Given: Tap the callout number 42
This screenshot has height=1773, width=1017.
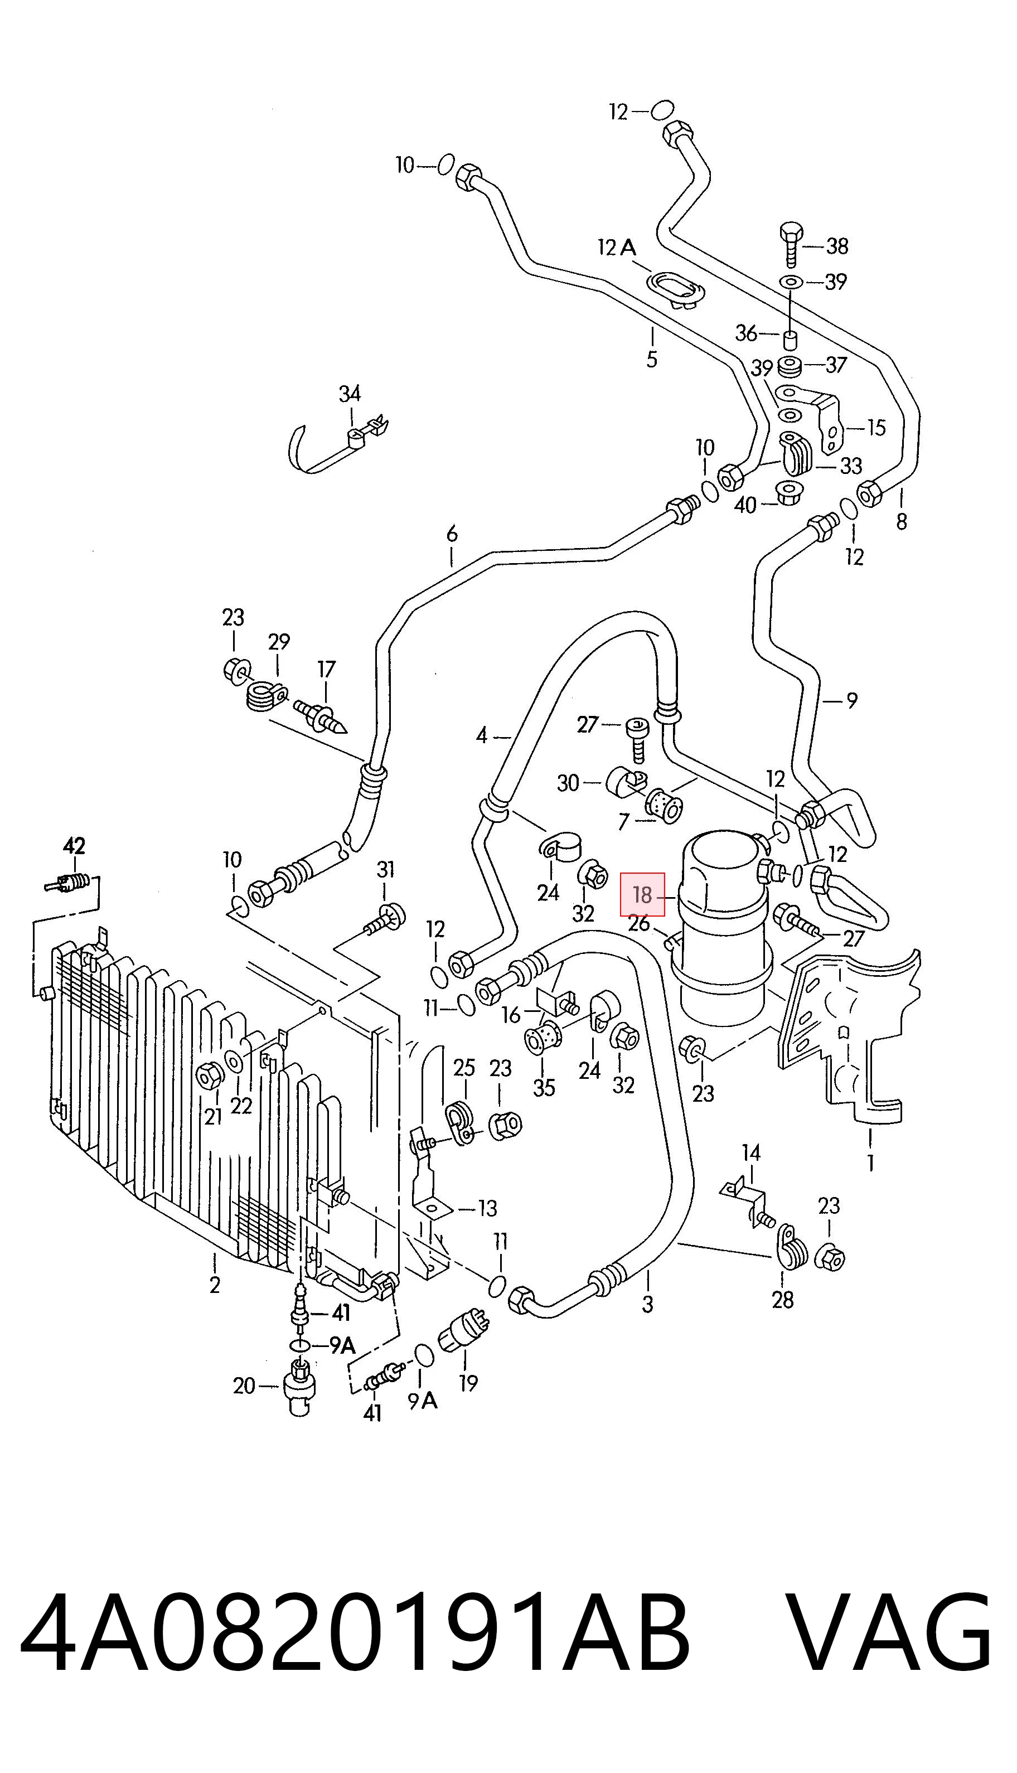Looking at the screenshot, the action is click(x=74, y=846).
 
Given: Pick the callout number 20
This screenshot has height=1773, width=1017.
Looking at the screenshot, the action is click(x=244, y=1386).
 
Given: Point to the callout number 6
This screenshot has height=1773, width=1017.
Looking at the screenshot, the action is click(x=452, y=534).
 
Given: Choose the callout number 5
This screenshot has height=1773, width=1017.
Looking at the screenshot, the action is click(x=652, y=359).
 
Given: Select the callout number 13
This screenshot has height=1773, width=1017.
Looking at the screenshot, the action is click(x=487, y=1208).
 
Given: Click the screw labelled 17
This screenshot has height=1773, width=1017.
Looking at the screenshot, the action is click(x=321, y=717).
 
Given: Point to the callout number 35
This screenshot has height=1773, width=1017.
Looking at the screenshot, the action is click(x=544, y=1087).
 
